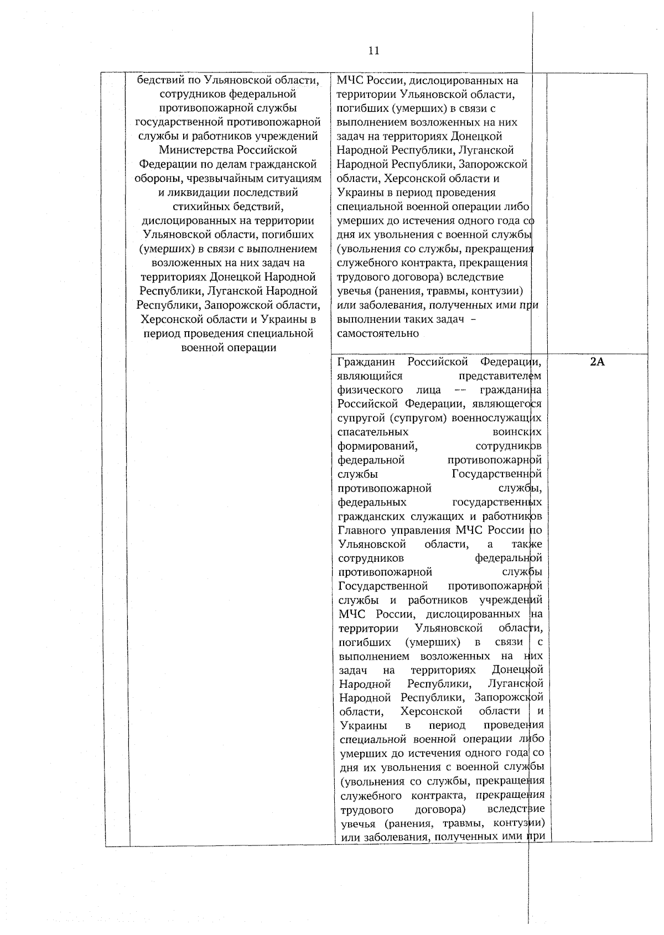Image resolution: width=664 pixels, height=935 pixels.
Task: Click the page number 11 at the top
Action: pos(373,51)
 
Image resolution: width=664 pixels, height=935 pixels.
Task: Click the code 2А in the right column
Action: pos(597,363)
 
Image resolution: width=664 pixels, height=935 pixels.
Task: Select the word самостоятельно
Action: pos(378,334)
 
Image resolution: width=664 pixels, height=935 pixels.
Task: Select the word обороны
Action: pos(153,179)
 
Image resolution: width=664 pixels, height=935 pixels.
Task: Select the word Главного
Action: pos(361,530)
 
